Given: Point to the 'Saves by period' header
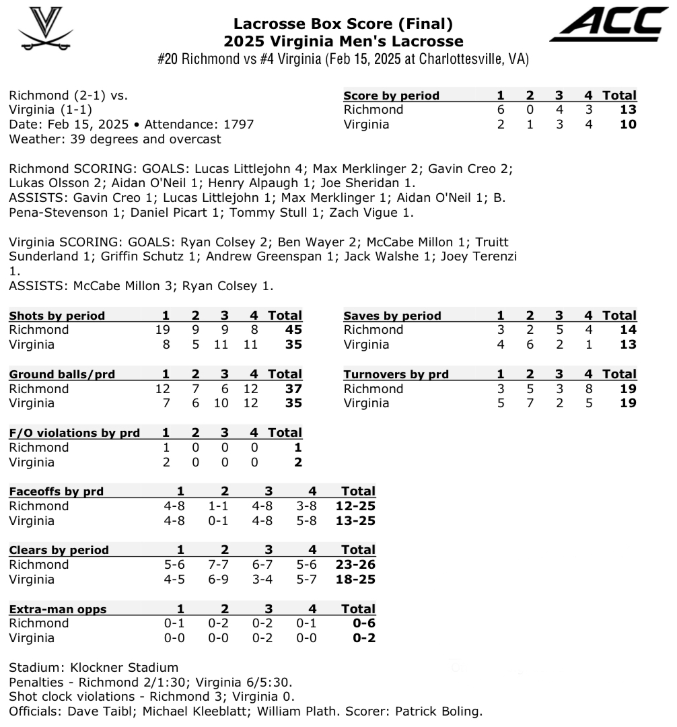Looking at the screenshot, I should point(392,316).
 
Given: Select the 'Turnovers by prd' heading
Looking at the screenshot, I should point(396,374).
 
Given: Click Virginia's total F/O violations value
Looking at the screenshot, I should point(297,462).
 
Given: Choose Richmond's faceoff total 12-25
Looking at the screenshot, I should point(355,506).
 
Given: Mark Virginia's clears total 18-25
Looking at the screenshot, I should point(355,580).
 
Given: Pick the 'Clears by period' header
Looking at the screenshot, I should point(59,551).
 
